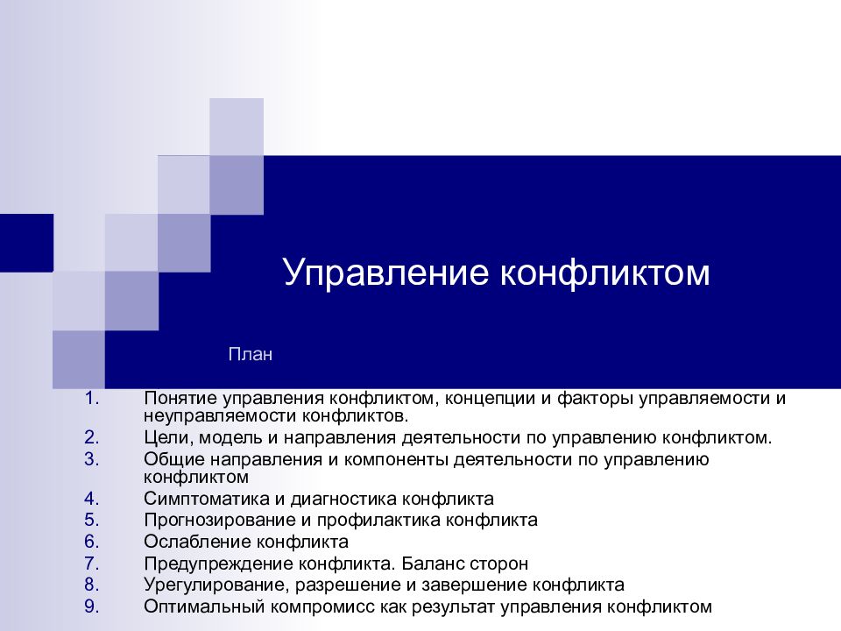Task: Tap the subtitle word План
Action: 251,355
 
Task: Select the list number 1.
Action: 92,399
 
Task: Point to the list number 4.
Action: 92,499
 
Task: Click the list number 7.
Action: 92,563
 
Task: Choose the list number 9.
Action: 92,605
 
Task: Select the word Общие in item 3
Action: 172,458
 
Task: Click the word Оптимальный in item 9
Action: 195,605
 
